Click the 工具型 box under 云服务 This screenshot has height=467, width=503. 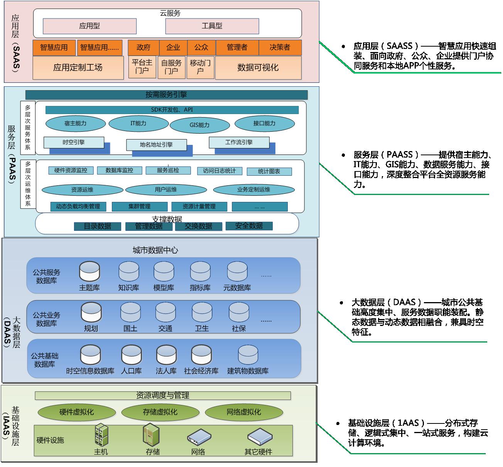[212, 26]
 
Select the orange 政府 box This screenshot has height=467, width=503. [143, 47]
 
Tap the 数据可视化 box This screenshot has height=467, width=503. [258, 68]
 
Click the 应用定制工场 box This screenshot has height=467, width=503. [78, 68]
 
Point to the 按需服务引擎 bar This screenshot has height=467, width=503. [166, 95]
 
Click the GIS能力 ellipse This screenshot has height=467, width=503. [199, 125]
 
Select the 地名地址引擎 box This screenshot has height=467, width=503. [156, 145]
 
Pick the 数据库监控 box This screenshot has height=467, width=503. [119, 170]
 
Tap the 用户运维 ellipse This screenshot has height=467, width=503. [166, 190]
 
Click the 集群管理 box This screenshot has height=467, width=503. [139, 207]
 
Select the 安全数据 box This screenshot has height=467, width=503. [249, 226]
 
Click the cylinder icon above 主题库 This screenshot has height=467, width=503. [89, 271]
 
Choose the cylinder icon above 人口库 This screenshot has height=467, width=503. [131, 354]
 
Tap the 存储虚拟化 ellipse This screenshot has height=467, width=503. [160, 412]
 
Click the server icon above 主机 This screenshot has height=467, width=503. [101, 435]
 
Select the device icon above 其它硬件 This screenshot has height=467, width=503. [258, 436]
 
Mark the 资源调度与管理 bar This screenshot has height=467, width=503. [162, 395]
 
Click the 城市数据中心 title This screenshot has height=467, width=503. [155, 250]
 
